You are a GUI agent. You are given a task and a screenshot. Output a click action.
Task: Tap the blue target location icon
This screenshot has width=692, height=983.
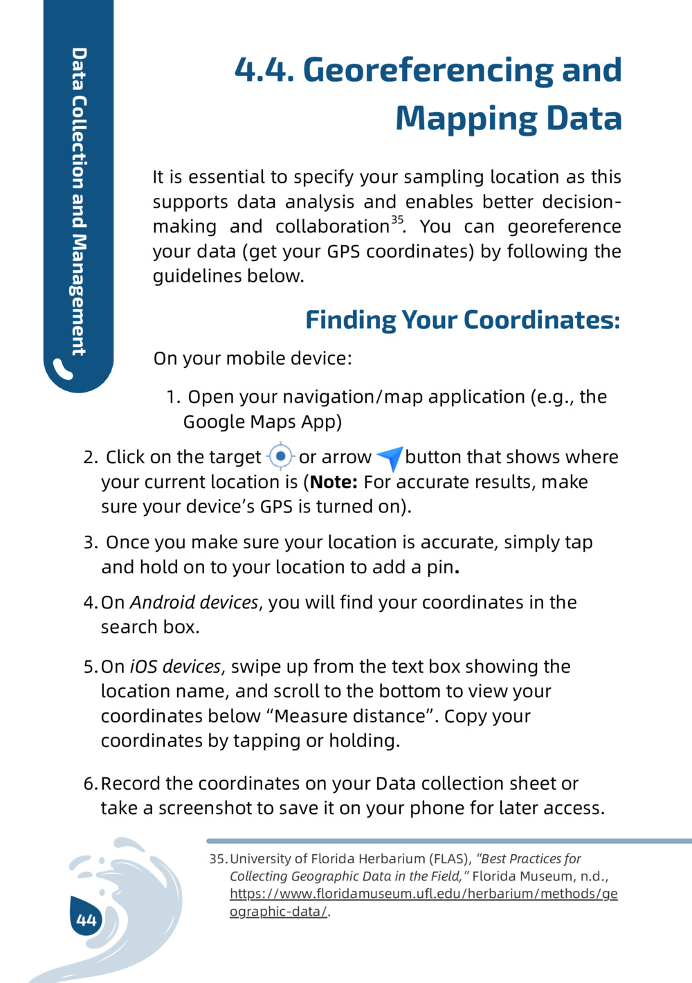click(280, 456)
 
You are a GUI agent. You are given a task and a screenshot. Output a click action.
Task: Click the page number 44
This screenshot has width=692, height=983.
click(86, 920)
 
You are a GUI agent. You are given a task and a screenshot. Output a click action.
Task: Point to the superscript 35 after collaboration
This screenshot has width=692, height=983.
click(397, 220)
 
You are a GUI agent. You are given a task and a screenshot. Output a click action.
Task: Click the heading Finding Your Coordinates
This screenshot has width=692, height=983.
click(462, 320)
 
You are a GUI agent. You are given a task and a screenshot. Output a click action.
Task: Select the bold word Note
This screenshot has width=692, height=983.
click(334, 482)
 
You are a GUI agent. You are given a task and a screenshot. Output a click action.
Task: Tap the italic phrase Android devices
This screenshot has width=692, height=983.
click(194, 602)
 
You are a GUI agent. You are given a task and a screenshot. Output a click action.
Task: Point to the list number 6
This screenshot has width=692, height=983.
click(90, 784)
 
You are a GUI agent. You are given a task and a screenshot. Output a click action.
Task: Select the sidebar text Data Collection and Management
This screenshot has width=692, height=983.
click(79, 201)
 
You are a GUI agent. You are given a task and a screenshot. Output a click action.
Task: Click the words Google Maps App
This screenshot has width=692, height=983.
click(262, 422)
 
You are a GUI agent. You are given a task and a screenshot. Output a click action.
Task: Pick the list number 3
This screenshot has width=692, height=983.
click(90, 542)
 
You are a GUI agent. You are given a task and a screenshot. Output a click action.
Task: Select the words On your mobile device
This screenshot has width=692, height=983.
click(253, 359)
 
